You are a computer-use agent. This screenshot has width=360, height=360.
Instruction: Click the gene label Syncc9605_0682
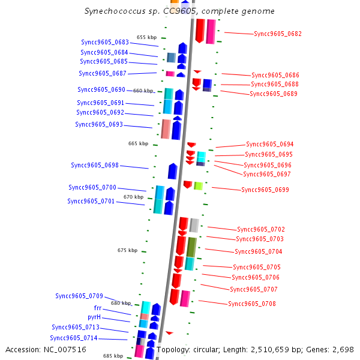tap(278, 34)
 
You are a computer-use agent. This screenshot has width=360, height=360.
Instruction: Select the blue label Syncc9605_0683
tap(105, 42)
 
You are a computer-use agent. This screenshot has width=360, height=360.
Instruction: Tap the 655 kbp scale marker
tap(147, 37)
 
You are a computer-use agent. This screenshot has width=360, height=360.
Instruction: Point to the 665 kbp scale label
tap(138, 143)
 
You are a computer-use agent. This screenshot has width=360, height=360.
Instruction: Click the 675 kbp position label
tap(127, 250)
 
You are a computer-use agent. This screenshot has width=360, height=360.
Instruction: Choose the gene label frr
tap(98, 308)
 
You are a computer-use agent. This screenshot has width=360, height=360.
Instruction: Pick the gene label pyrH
tap(94, 317)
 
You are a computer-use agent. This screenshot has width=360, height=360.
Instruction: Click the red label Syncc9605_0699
tap(265, 190)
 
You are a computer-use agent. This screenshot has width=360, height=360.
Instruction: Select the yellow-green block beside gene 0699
tap(199, 186)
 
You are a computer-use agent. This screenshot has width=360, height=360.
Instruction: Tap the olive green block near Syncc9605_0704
tap(191, 247)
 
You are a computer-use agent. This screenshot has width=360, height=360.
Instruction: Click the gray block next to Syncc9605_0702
tap(194, 225)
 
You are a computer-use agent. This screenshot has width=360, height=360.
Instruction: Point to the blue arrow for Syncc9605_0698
tap(172, 171)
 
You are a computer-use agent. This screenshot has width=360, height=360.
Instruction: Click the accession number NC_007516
tap(65, 350)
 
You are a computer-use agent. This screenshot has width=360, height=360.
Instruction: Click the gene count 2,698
tap(343, 350)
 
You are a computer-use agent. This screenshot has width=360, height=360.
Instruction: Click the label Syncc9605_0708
tap(252, 304)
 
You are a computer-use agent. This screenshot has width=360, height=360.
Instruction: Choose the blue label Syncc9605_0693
tap(99, 124)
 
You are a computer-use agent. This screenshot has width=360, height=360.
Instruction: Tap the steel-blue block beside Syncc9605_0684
tap(171, 58)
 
